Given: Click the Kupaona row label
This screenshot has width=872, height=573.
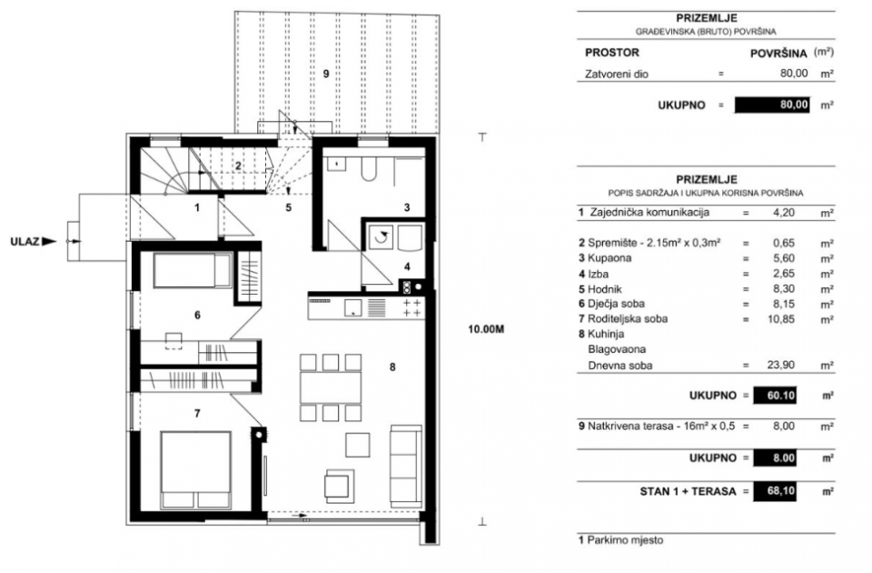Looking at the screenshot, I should [x=606, y=258].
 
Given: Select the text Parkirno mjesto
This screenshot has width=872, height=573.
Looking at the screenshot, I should [x=623, y=540].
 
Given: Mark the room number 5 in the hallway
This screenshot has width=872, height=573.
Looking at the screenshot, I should [x=288, y=207].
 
